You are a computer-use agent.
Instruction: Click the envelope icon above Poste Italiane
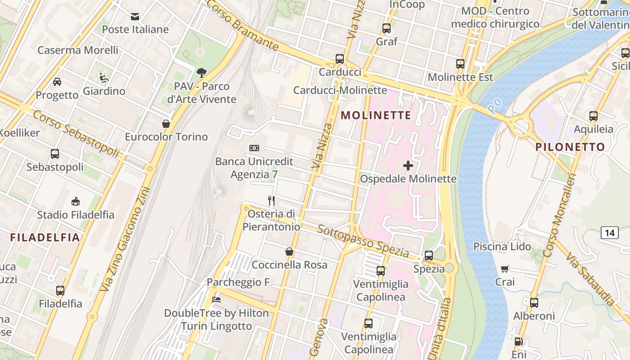tap(135, 17)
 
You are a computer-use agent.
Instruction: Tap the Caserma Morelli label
tap(78, 50)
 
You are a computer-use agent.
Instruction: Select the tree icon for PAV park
tap(202, 72)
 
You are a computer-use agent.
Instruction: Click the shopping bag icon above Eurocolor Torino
tap(166, 124)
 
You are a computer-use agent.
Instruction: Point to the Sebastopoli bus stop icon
tap(55, 154)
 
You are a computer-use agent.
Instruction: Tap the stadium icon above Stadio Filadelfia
tap(76, 202)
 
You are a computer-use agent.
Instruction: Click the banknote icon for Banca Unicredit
tap(254, 148)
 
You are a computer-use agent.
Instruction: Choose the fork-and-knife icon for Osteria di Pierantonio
tap(271, 200)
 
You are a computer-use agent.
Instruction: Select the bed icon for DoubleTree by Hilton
tap(216, 300)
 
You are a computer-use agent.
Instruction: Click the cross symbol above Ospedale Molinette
tap(408, 166)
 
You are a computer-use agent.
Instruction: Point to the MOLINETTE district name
tap(376, 115)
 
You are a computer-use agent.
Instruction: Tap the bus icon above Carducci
tap(340, 59)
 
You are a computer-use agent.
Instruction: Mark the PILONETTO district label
tap(570, 147)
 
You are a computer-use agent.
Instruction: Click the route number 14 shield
tap(609, 233)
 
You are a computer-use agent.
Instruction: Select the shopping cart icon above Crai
tap(505, 269)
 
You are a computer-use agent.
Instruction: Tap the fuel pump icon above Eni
tap(519, 342)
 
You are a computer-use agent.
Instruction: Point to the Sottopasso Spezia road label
tap(363, 242)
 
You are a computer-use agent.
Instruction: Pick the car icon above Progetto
tap(57, 82)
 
